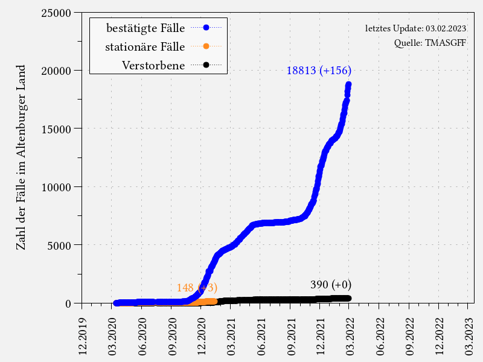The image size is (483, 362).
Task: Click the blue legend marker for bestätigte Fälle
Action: [x=206, y=27]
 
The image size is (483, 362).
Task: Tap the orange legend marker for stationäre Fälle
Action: [x=206, y=46]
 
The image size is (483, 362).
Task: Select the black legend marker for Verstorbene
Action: [x=206, y=65]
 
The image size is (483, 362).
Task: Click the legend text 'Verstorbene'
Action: [x=153, y=65]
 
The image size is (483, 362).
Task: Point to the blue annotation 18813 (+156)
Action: [x=319, y=70]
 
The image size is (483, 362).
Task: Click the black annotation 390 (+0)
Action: [x=331, y=285]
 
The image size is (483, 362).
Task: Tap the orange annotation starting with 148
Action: [x=197, y=288]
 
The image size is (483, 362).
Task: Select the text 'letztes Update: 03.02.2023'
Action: [x=415, y=28]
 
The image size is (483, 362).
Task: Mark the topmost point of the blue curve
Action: [x=348, y=85]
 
